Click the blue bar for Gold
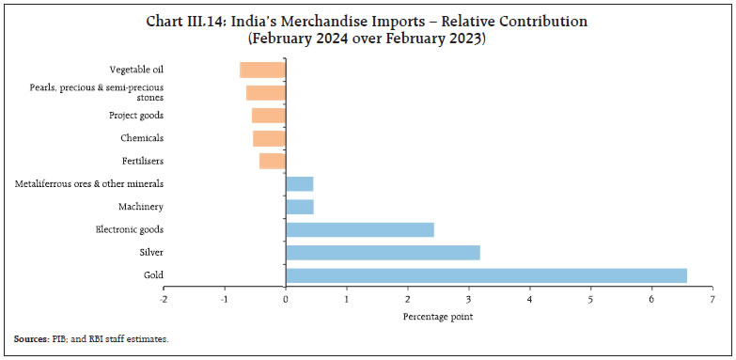click(x=486, y=275)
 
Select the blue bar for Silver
click(x=383, y=252)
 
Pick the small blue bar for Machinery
click(x=299, y=207)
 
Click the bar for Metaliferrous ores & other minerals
click(x=299, y=184)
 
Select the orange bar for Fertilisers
click(x=273, y=161)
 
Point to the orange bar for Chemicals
click(x=269, y=138)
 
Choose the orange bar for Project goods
click(x=269, y=116)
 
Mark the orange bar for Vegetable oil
click(x=262, y=70)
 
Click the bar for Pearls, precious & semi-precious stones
click(x=266, y=92)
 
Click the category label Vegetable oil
click(x=136, y=70)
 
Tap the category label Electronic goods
click(x=130, y=229)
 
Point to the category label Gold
click(x=154, y=275)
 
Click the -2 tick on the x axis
click(x=163, y=299)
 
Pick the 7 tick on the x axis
click(x=713, y=299)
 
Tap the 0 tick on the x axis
click(x=286, y=299)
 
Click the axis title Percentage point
click(x=438, y=316)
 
